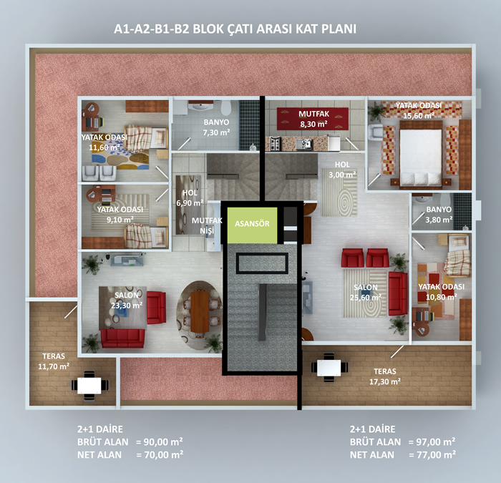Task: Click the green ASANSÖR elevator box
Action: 252,225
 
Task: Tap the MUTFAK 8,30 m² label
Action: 313,119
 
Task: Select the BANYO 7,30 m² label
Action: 216,127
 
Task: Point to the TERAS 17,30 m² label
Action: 385,376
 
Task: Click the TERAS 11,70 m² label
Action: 54,361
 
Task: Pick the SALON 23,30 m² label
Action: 127,301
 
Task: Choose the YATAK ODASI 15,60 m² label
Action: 418,110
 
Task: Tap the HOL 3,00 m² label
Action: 342,170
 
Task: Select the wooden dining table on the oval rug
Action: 200,312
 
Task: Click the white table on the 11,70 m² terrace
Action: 89,386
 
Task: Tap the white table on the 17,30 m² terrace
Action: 329,368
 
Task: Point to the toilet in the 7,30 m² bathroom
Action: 225,107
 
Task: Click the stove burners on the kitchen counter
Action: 275,143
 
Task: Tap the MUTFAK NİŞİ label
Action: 207,225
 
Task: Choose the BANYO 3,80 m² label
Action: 439,215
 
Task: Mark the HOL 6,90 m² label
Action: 190,197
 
